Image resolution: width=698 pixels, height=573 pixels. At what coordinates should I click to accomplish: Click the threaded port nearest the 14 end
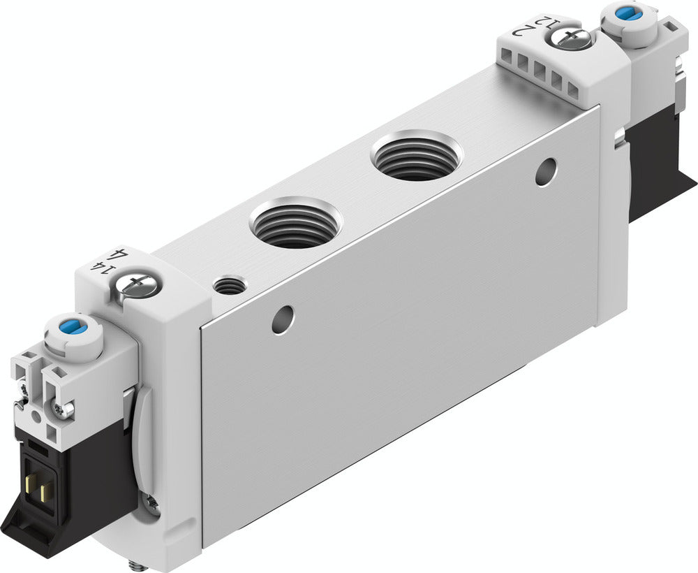coord(295,222)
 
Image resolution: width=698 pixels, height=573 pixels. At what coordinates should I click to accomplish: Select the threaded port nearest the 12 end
coord(417,154)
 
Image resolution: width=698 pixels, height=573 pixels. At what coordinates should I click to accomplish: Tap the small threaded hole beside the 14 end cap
coord(230,284)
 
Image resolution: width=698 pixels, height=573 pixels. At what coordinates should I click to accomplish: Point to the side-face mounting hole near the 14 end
coord(283,319)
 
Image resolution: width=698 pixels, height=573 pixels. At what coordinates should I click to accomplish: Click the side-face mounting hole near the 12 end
coord(546,172)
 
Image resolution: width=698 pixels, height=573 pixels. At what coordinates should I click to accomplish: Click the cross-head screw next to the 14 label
coord(138,284)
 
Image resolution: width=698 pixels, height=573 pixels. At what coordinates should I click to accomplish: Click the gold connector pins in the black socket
coord(38,490)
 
